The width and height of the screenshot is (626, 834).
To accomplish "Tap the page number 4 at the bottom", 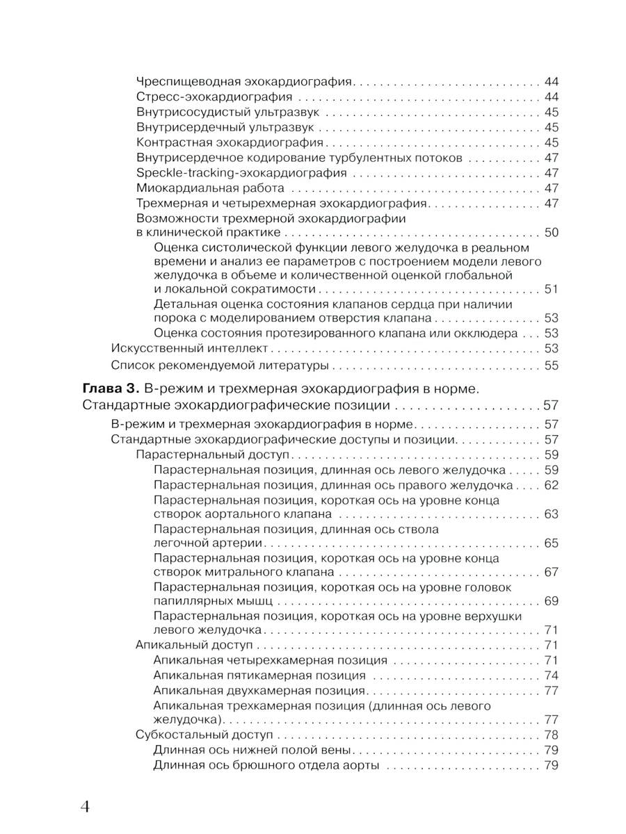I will point(86,806).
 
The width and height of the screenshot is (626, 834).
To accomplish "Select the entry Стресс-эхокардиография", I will point(214,97).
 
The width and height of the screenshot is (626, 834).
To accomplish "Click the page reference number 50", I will point(551,232).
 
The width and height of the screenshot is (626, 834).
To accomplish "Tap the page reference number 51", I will point(551,289).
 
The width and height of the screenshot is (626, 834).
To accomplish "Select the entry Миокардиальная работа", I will point(210,188).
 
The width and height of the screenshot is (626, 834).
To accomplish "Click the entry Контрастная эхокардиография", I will point(231,142).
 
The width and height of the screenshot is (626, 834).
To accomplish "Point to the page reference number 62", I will point(551,485).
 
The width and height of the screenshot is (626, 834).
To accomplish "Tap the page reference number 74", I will point(551,676).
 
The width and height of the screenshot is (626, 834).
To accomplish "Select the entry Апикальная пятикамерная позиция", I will point(259,676).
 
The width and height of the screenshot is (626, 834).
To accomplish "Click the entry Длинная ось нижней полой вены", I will point(253,751).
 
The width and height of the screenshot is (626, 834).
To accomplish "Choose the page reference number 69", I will point(551,600).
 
